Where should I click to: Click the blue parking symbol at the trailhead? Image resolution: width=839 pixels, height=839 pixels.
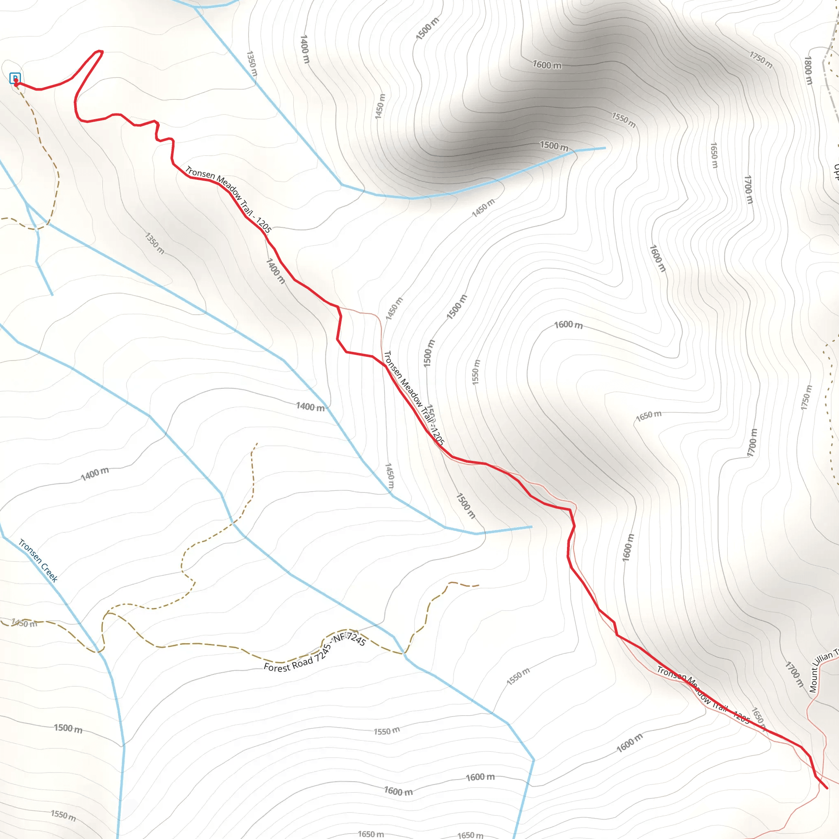coord(15,78)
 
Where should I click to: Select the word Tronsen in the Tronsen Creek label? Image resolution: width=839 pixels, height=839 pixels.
coord(29,551)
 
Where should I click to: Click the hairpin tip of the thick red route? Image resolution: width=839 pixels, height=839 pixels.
coord(100,52)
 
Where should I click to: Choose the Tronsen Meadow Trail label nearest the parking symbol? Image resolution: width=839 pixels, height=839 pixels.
coord(229,199)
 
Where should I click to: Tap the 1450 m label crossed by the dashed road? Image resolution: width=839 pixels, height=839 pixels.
coord(24,623)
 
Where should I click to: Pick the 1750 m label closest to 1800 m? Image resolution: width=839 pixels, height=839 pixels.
coord(761,60)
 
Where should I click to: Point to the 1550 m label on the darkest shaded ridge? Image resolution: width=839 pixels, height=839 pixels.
coord(624,120)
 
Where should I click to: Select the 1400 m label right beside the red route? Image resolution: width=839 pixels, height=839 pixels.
coord(275,271)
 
